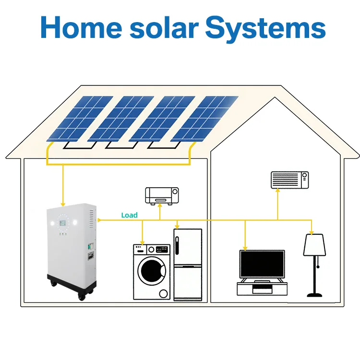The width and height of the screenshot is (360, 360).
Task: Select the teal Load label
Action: click(129, 216)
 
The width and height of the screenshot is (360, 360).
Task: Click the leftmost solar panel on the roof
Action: click(79, 118)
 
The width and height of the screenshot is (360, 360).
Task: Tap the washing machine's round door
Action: click(151, 271)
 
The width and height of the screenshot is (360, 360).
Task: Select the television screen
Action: click(262, 264)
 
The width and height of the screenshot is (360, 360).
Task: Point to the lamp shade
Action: click(315, 244)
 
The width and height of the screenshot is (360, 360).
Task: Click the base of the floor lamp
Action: click(315, 294)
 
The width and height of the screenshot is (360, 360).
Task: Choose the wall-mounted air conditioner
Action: click(290, 180)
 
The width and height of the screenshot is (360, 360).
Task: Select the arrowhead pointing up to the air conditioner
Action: click(277, 189)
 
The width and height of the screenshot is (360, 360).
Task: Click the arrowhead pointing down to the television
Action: click(245, 248)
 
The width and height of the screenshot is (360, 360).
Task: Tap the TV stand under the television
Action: click(262, 288)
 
